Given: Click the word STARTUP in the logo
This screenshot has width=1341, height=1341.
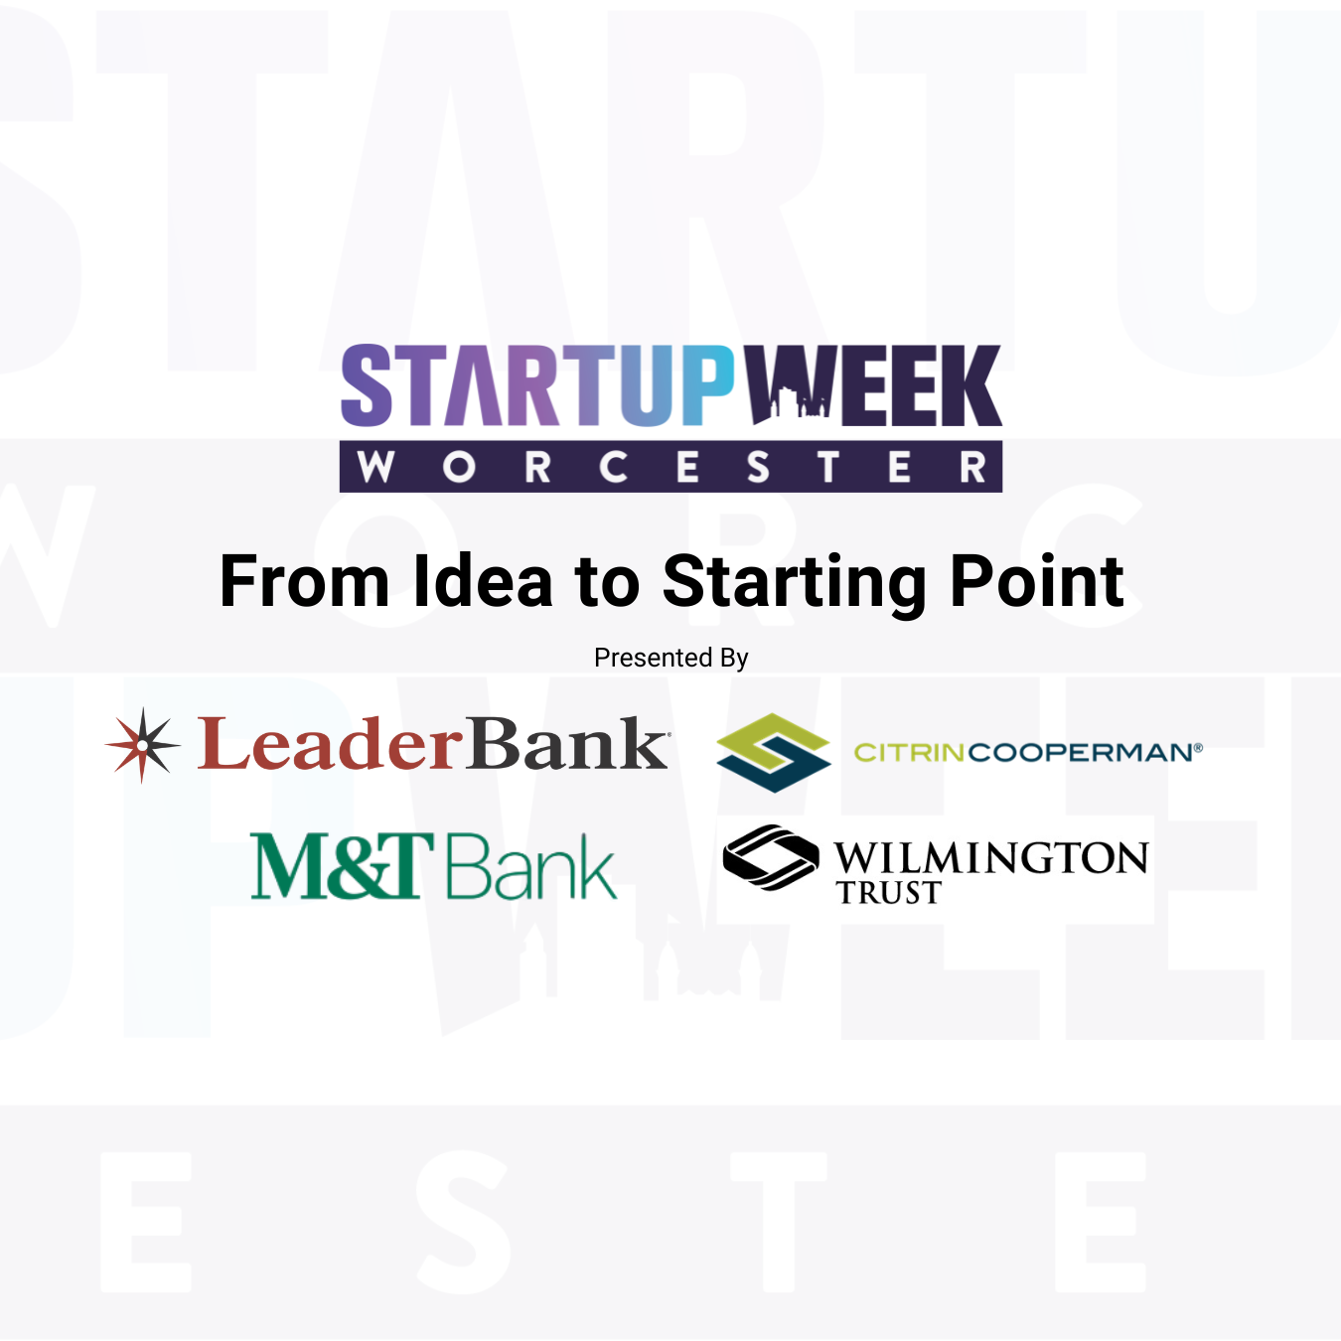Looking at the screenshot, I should (x=536, y=385).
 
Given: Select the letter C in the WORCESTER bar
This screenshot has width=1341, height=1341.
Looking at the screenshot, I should (x=613, y=467).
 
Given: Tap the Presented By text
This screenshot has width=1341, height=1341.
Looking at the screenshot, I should (x=670, y=658).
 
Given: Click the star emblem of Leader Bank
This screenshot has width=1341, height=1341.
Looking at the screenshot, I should (x=143, y=745).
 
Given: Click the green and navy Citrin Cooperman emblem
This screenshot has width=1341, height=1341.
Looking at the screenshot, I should (x=773, y=752).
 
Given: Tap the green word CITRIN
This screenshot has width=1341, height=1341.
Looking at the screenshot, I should (x=909, y=752).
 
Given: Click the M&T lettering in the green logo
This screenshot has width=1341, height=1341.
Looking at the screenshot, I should (x=342, y=866).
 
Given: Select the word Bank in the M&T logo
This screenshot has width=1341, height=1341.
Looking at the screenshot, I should (x=530, y=867).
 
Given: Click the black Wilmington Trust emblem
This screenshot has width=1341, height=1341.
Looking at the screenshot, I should (x=771, y=856).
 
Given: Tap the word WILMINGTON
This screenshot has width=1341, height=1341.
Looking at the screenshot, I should (x=990, y=857).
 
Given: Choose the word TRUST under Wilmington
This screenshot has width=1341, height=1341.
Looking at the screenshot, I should (x=888, y=893).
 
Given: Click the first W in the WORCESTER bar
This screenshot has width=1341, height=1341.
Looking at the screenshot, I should (x=375, y=467).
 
